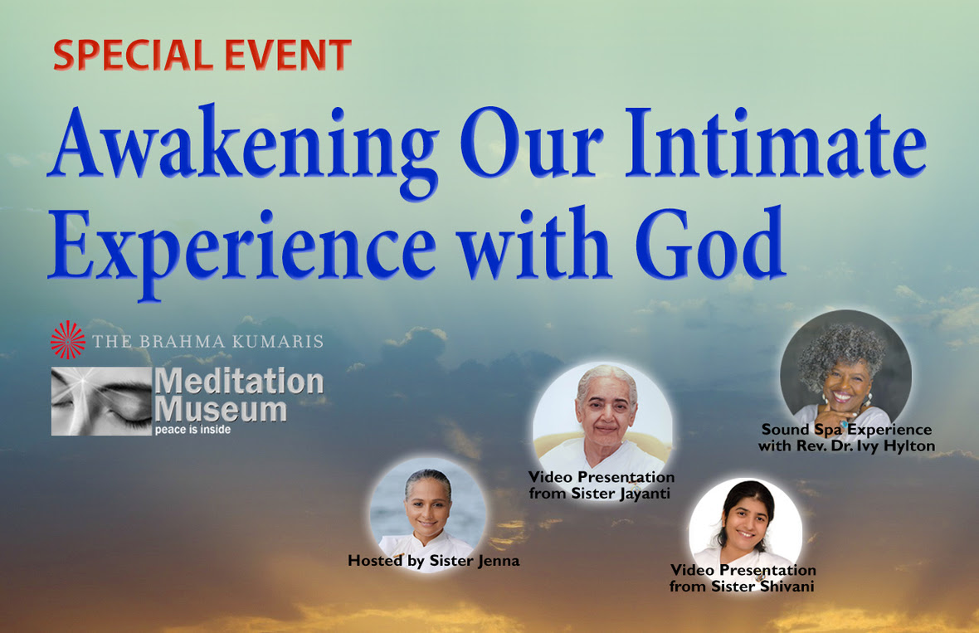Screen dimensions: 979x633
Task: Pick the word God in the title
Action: (710, 243)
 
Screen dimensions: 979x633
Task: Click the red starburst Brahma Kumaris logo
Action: (67, 340)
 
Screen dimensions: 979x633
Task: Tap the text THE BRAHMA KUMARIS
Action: (208, 342)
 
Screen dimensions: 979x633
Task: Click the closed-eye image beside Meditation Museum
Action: (101, 401)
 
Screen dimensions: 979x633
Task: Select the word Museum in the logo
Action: (221, 410)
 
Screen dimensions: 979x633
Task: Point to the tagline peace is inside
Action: (193, 430)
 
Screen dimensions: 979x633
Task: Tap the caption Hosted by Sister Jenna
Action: (434, 561)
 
